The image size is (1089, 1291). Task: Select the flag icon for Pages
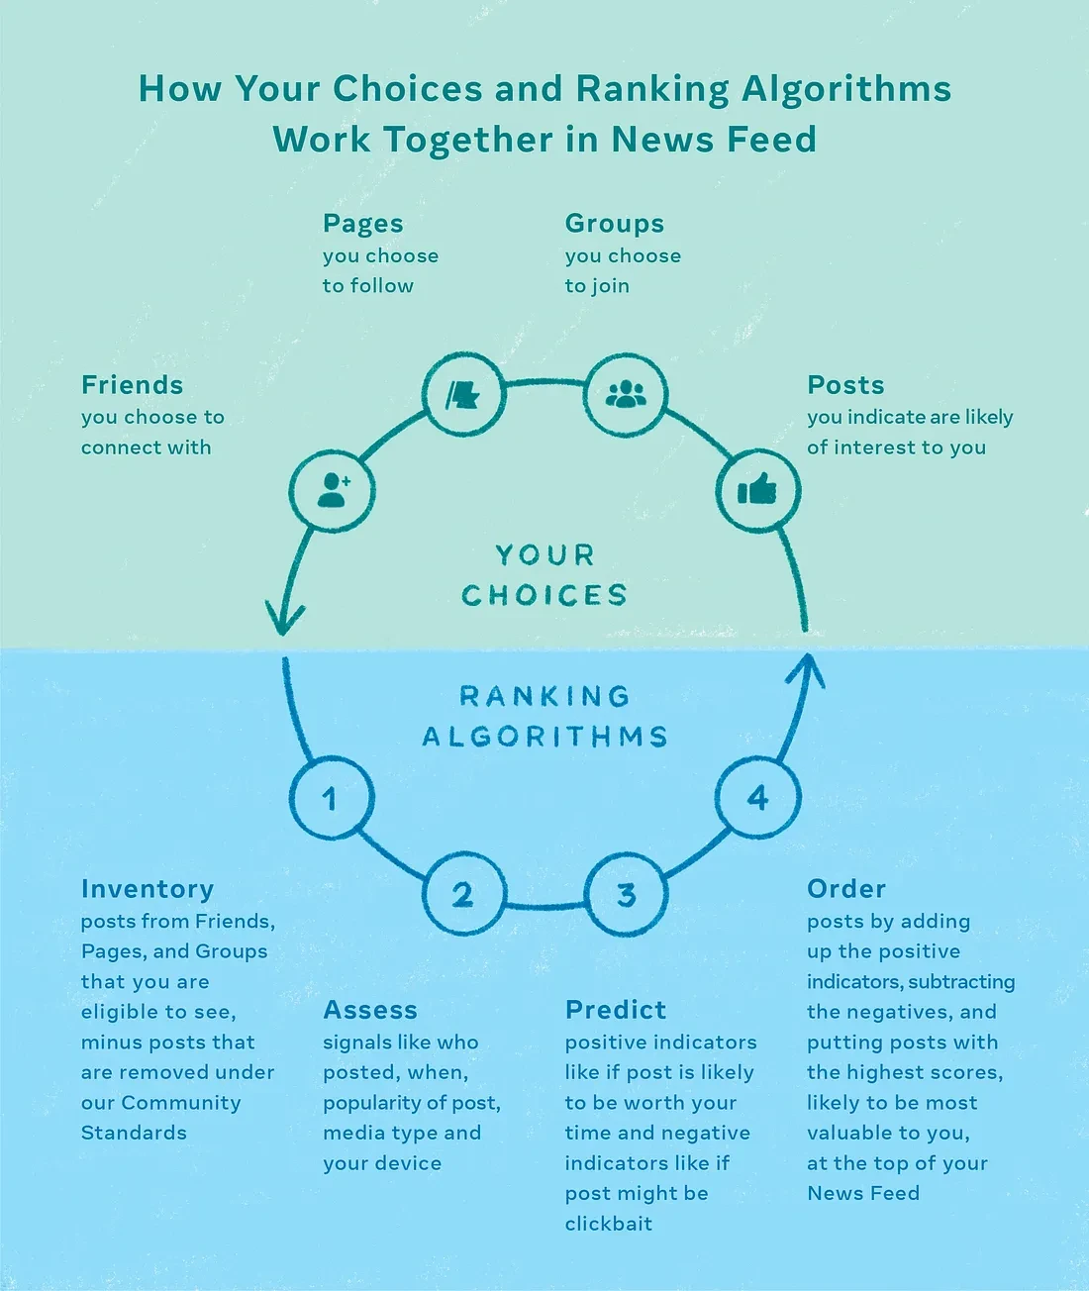(463, 395)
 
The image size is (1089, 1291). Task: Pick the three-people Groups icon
(626, 394)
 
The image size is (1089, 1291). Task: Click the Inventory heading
(148, 889)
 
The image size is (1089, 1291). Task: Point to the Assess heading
(370, 1010)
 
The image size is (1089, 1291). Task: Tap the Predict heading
(616, 1010)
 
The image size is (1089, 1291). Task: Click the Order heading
(846, 889)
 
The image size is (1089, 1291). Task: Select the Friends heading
(133, 384)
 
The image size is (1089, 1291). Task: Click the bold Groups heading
(615, 224)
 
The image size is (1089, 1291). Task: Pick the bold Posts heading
(845, 384)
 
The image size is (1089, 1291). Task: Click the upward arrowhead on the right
(806, 669)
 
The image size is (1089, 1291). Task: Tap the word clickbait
(609, 1223)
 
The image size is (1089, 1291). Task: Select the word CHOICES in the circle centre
(544, 595)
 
